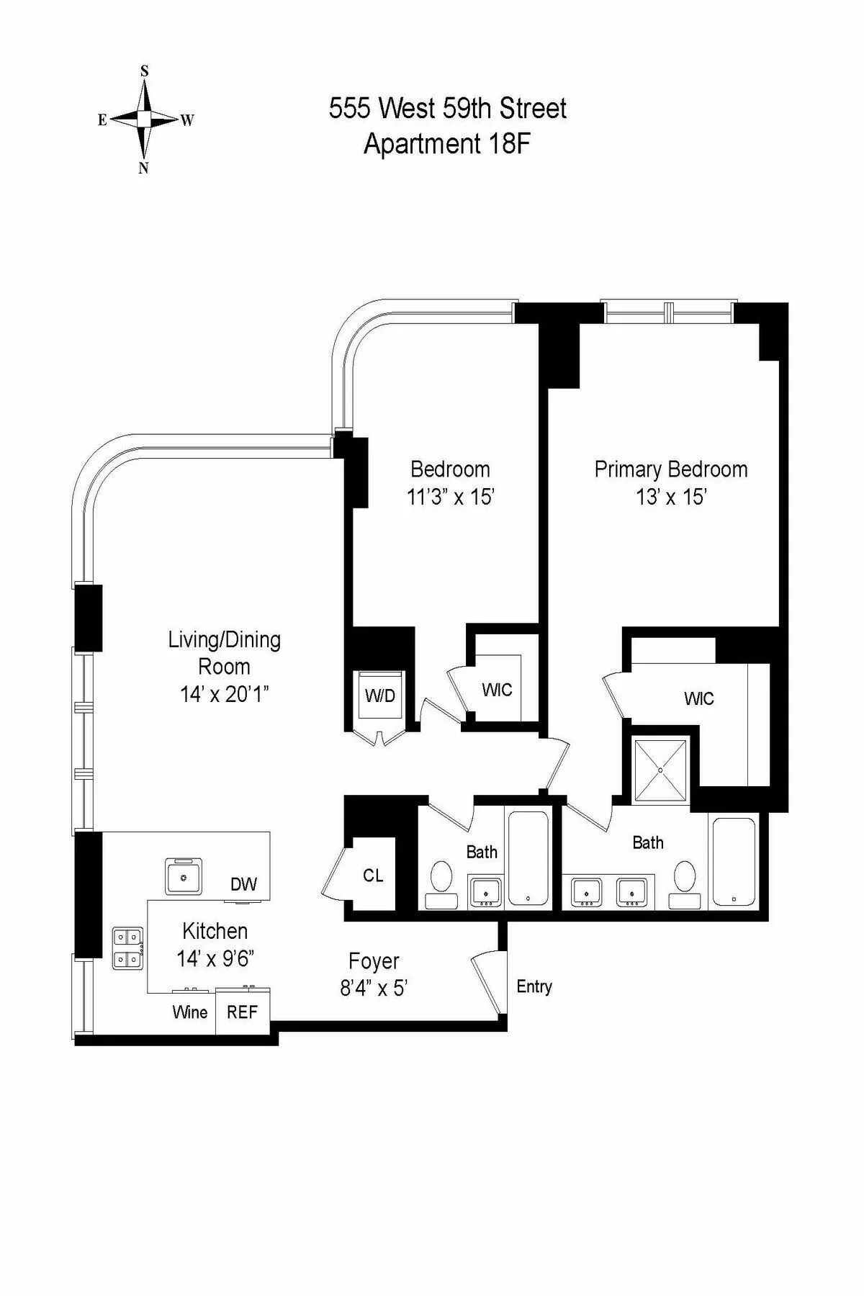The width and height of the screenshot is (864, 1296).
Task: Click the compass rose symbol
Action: pyautogui.click(x=145, y=119)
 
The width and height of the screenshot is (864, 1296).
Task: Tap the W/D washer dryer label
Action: pyautogui.click(x=380, y=696)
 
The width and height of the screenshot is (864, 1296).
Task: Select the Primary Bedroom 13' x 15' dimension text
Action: pyautogui.click(x=670, y=497)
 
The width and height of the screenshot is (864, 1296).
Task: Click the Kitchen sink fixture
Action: pyautogui.click(x=184, y=876)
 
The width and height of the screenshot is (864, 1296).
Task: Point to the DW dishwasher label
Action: pyautogui.click(x=243, y=884)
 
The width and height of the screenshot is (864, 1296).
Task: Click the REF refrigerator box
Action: pyautogui.click(x=243, y=1012)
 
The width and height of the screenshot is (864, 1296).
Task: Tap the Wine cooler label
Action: pyautogui.click(x=190, y=1012)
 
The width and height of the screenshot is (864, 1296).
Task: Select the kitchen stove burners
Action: pyautogui.click(x=127, y=948)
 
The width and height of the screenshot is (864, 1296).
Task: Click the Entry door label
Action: pyautogui.click(x=534, y=986)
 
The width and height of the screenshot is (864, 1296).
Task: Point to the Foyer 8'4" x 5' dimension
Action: pyautogui.click(x=374, y=988)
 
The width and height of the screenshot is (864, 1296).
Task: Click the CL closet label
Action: pyautogui.click(x=373, y=876)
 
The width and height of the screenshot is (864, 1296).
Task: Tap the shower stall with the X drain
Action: pyautogui.click(x=660, y=769)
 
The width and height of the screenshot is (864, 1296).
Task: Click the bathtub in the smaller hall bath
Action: pyautogui.click(x=529, y=858)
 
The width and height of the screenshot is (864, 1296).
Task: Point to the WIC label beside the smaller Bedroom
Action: pyautogui.click(x=497, y=690)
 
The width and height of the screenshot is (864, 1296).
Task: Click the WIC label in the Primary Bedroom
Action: pyautogui.click(x=698, y=698)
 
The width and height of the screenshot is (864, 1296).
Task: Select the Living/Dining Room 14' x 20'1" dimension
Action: pyautogui.click(x=224, y=694)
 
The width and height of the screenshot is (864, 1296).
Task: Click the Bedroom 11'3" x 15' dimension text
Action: pyautogui.click(x=450, y=497)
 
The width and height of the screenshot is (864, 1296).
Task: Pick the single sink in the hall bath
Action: pyautogui.click(x=486, y=892)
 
